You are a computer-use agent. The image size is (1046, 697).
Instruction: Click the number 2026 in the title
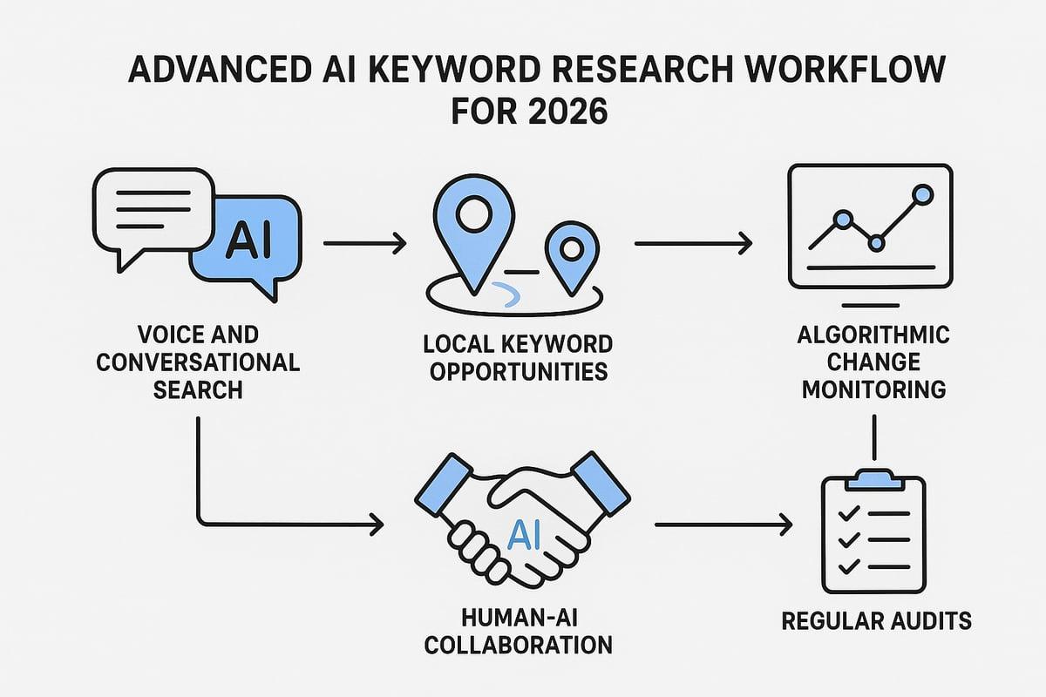(x=568, y=112)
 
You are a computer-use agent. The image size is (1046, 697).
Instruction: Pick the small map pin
(x=572, y=258)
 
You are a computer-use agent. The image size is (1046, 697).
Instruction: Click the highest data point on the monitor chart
(x=923, y=194)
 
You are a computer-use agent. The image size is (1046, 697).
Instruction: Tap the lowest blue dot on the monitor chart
(x=877, y=243)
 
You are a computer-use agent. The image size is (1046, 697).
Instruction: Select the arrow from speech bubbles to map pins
(x=364, y=243)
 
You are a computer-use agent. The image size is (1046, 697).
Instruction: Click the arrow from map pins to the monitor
(x=694, y=243)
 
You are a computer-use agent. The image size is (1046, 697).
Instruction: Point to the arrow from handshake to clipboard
(x=723, y=524)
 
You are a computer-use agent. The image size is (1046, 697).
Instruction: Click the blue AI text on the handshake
(x=524, y=536)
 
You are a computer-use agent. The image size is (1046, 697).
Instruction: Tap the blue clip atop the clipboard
(x=874, y=480)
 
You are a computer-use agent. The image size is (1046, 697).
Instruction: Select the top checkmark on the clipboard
(x=849, y=513)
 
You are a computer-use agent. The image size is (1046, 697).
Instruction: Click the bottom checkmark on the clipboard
(x=849, y=567)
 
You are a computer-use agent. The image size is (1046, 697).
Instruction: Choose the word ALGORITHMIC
(x=873, y=335)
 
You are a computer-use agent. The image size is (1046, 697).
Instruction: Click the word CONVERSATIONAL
(x=198, y=362)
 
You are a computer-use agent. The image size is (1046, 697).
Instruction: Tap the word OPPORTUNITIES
(x=519, y=372)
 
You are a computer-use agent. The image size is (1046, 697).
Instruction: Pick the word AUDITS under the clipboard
(x=927, y=621)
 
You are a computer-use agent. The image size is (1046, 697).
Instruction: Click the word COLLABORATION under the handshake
(x=519, y=646)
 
